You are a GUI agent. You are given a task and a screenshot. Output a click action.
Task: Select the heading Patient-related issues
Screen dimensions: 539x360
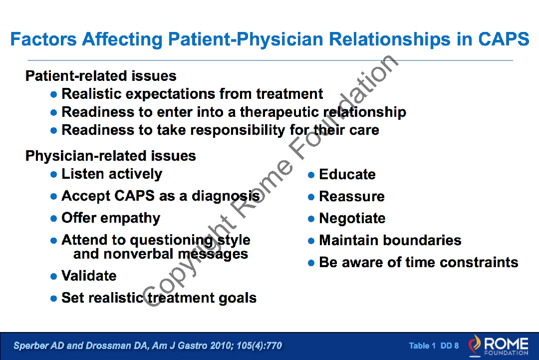101,75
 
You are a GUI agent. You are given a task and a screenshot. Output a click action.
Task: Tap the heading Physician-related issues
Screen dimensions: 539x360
111,156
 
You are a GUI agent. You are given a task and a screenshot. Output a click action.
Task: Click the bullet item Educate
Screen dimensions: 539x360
347,174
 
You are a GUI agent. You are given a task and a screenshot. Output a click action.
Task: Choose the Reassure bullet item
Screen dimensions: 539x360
352,196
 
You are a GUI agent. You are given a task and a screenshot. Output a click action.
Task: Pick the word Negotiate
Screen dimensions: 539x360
352,218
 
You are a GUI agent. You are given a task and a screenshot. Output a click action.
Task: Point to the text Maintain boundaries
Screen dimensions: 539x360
390,240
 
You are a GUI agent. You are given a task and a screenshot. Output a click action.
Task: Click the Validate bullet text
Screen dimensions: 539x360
89,276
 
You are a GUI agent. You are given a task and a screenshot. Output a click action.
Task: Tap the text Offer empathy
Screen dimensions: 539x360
111,218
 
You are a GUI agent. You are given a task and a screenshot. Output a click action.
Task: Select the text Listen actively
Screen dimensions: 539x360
112,174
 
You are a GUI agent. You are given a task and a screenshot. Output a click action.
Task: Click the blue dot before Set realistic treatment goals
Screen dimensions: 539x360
53,299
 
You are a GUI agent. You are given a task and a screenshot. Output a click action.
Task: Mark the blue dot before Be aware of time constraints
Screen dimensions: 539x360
311,263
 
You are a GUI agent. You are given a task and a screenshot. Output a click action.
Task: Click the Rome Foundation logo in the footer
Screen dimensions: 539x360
499,346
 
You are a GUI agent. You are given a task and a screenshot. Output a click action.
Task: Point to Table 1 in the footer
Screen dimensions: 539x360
422,346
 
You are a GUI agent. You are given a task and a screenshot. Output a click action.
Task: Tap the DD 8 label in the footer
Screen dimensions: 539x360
450,346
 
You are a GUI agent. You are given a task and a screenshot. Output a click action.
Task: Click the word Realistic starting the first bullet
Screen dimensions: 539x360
91,93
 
